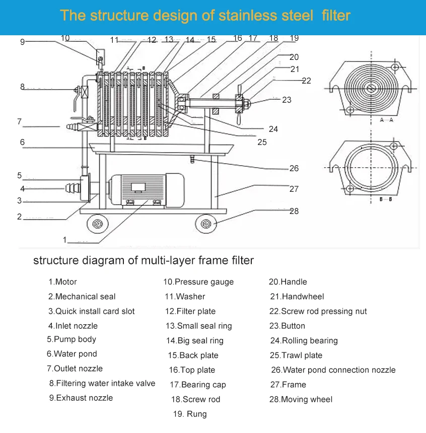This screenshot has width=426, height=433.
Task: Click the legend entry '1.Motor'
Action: pyautogui.click(x=62, y=282)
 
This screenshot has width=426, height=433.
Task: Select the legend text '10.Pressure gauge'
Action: pyautogui.click(x=198, y=282)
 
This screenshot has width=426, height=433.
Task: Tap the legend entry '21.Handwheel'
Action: pyautogui.click(x=297, y=297)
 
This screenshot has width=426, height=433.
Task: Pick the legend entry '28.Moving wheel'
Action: pyautogui.click(x=301, y=399)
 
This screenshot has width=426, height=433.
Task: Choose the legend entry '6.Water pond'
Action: pyautogui.click(x=72, y=354)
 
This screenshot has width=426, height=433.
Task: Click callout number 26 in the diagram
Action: pyautogui.click(x=294, y=168)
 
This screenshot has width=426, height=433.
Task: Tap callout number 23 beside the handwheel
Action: pyautogui.click(x=287, y=100)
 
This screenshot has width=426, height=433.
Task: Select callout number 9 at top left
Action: pyautogui.click(x=22, y=42)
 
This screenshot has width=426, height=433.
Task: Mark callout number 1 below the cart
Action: pyautogui.click(x=64, y=240)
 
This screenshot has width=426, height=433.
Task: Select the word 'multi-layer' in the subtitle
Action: pyautogui.click(x=165, y=261)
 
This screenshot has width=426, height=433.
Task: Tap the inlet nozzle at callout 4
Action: pyautogui.click(x=74, y=189)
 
